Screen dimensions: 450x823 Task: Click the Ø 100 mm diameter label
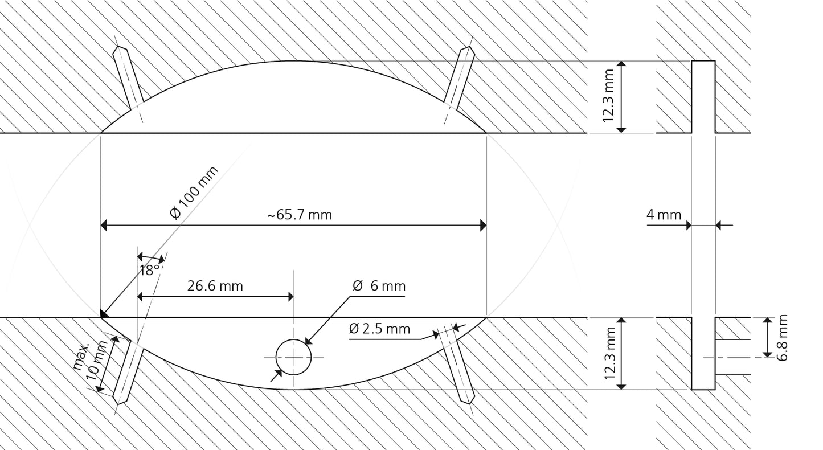pyautogui.click(x=194, y=193)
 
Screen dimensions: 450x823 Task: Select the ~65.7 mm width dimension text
pyautogui.click(x=300, y=215)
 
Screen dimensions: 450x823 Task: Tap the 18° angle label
pyautogui.click(x=149, y=270)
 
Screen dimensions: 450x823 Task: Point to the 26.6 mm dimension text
pyautogui.click(x=215, y=286)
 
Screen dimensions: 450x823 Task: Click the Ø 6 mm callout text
pyautogui.click(x=379, y=286)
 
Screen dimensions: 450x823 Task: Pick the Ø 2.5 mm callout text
pyautogui.click(x=379, y=329)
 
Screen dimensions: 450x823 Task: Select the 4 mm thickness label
pyautogui.click(x=664, y=215)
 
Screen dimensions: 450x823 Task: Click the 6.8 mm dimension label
pyautogui.click(x=783, y=337)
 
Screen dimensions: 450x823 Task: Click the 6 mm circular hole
pyautogui.click(x=293, y=357)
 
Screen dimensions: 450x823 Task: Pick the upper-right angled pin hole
pyautogui.click(x=459, y=77)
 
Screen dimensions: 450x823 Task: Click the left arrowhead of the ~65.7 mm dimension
pyautogui.click(x=104, y=226)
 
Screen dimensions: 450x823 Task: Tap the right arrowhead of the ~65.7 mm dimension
pyautogui.click(x=484, y=226)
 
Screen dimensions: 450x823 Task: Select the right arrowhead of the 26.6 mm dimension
pyautogui.click(x=290, y=297)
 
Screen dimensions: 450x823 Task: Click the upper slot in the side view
pyautogui.click(x=703, y=96)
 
